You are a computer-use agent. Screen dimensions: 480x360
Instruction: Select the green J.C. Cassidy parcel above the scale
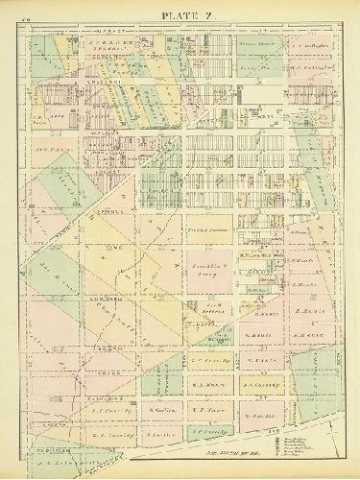[x=208, y=430]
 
